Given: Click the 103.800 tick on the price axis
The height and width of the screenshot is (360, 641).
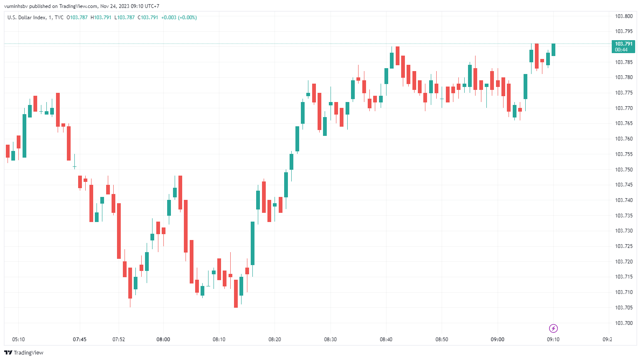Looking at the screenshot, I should coord(623,16).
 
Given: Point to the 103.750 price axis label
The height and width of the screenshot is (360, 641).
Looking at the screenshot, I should coord(623,170).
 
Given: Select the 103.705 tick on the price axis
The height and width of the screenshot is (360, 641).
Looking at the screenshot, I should coord(623,308).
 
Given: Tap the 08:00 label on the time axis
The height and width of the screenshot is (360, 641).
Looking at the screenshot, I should coord(163,340).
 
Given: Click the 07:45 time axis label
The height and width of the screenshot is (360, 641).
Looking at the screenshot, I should coord(79,340).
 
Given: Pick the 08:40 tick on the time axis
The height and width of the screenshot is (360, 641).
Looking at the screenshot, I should coord(386,340).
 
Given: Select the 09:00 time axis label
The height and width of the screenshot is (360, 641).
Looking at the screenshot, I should coord(497,340).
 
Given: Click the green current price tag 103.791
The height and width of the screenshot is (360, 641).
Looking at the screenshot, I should coord(623,46).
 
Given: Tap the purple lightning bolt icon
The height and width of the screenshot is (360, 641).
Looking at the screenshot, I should coord(553,328).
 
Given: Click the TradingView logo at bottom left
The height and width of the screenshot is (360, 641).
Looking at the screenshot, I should coord(24,352).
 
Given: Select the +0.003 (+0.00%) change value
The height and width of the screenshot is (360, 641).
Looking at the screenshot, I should coord(179,18).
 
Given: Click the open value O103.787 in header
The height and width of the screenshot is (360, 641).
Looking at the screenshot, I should coord(77,18).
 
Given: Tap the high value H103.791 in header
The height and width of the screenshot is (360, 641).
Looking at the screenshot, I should coord(101,18).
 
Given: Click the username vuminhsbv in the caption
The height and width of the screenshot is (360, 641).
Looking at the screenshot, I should coord(16,6).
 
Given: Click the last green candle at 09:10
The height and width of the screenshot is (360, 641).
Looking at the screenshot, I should coord(553,50).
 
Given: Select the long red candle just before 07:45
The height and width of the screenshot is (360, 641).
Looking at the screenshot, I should coord(69,143).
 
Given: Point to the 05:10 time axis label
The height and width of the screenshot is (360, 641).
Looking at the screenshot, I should coord(18,340).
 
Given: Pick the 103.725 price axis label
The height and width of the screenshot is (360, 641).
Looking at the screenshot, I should coord(623,246).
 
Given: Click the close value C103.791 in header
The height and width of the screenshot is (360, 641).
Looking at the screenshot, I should coord(148,18).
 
